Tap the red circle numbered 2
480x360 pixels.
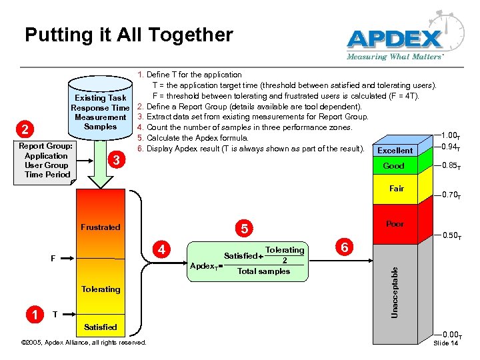(x=24, y=128)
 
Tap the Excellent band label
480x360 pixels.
(x=395, y=151)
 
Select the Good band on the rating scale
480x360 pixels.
(x=393, y=166)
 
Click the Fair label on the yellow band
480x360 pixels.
(x=397, y=189)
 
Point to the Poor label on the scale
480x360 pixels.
(x=395, y=224)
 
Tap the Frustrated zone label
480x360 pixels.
(x=100, y=227)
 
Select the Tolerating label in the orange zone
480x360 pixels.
(x=101, y=289)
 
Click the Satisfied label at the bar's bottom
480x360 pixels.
(x=101, y=327)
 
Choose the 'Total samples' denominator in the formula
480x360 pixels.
(x=264, y=271)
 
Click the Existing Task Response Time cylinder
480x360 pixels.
(x=101, y=113)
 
